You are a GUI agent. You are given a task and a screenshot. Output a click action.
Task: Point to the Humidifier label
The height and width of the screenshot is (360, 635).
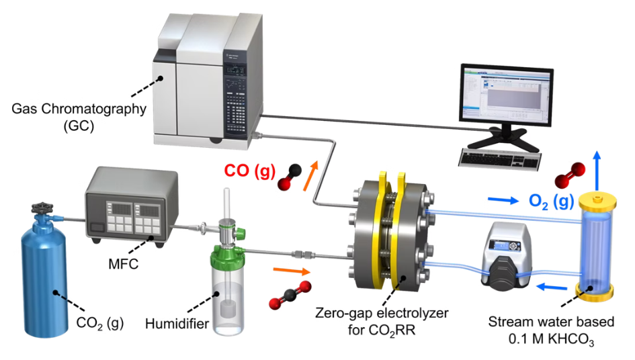pos(177,325)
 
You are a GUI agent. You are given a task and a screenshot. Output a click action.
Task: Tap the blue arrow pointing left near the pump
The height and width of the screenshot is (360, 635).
pos(550,288)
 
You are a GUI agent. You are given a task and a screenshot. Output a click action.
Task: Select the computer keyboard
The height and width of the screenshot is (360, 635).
pos(500,157)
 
